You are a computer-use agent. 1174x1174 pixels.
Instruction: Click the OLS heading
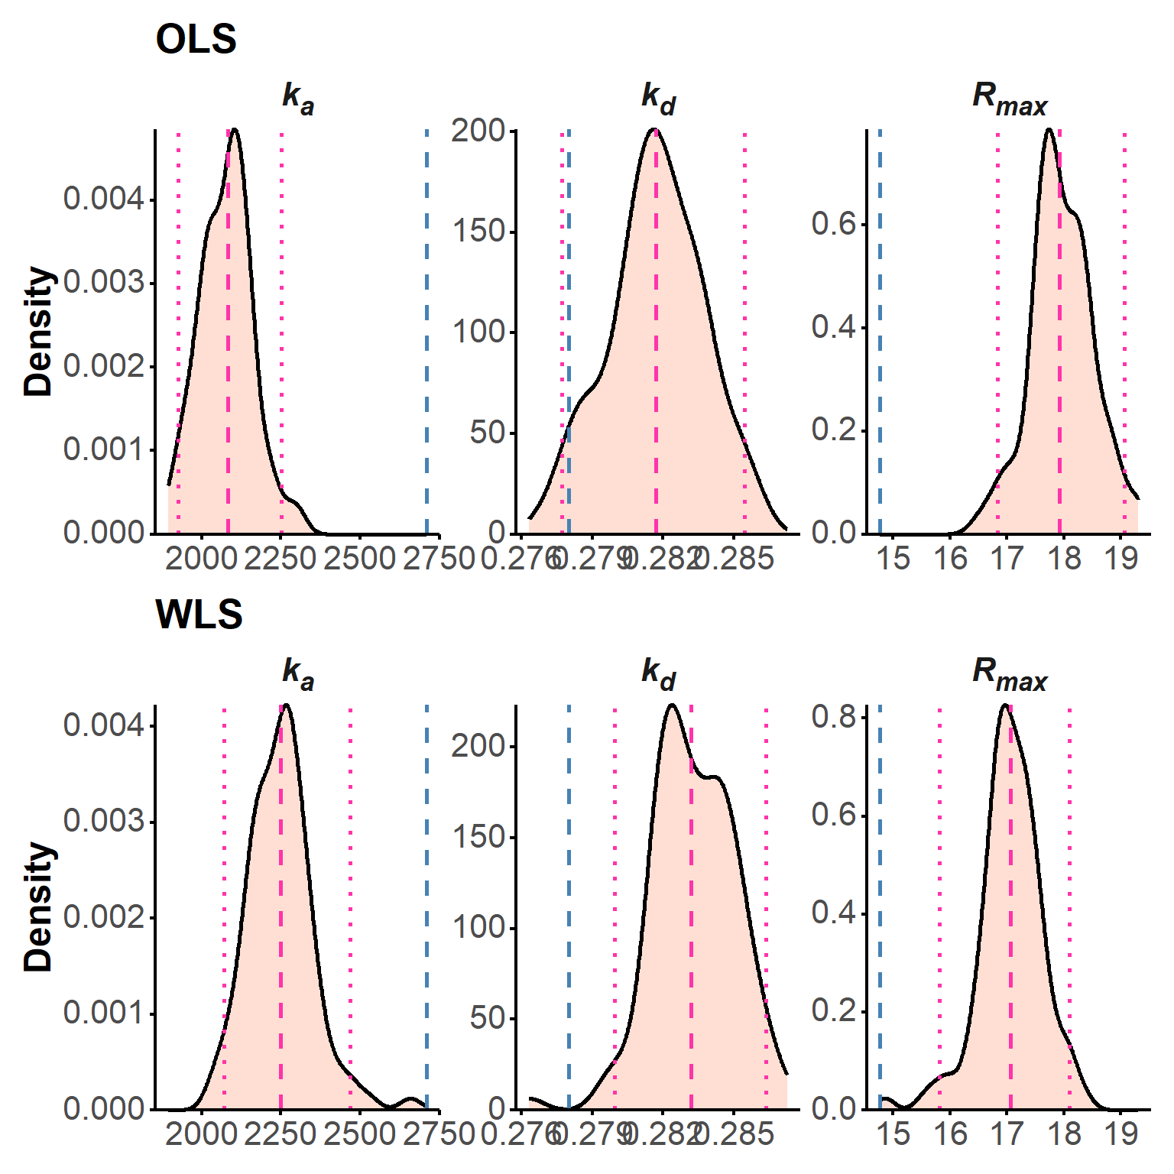click(x=196, y=39)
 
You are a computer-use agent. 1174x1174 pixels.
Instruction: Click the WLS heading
click(x=199, y=614)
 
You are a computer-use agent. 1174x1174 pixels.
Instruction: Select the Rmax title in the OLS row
click(x=1009, y=99)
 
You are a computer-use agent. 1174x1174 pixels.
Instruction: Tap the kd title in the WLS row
click(x=658, y=673)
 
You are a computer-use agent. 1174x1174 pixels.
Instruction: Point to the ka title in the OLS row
click(x=298, y=99)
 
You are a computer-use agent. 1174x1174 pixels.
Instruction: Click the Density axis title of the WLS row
click(x=38, y=907)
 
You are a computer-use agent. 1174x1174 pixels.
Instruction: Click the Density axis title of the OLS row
click(x=38, y=331)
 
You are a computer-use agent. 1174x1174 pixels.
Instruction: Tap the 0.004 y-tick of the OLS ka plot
click(x=103, y=199)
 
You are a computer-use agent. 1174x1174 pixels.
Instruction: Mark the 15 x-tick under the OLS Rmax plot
click(x=892, y=559)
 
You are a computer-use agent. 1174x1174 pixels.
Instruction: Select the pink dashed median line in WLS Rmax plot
click(x=1010, y=917)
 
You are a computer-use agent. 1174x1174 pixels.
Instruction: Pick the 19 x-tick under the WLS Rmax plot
click(x=1120, y=1134)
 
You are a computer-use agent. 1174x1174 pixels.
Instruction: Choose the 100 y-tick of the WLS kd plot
click(x=478, y=928)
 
